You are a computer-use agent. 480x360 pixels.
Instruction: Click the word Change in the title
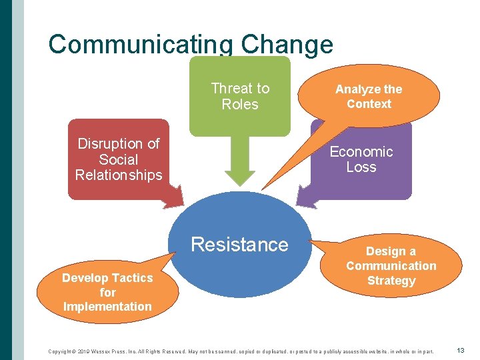click(287, 45)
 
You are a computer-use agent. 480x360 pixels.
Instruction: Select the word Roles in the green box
click(240, 105)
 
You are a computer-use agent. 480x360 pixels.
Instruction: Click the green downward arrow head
click(240, 177)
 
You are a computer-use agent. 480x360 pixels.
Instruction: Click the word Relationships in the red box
click(119, 175)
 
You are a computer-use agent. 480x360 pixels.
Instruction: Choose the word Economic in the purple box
click(361, 152)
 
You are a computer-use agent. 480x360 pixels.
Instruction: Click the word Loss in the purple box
click(361, 167)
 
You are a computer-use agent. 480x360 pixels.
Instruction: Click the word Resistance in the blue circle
click(239, 245)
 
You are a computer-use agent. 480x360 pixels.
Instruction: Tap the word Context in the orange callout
click(369, 104)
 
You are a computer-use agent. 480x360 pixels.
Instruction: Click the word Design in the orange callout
click(382, 251)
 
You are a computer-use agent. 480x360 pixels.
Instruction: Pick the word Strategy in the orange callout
click(391, 281)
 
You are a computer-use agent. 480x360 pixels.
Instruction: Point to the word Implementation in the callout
click(107, 307)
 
